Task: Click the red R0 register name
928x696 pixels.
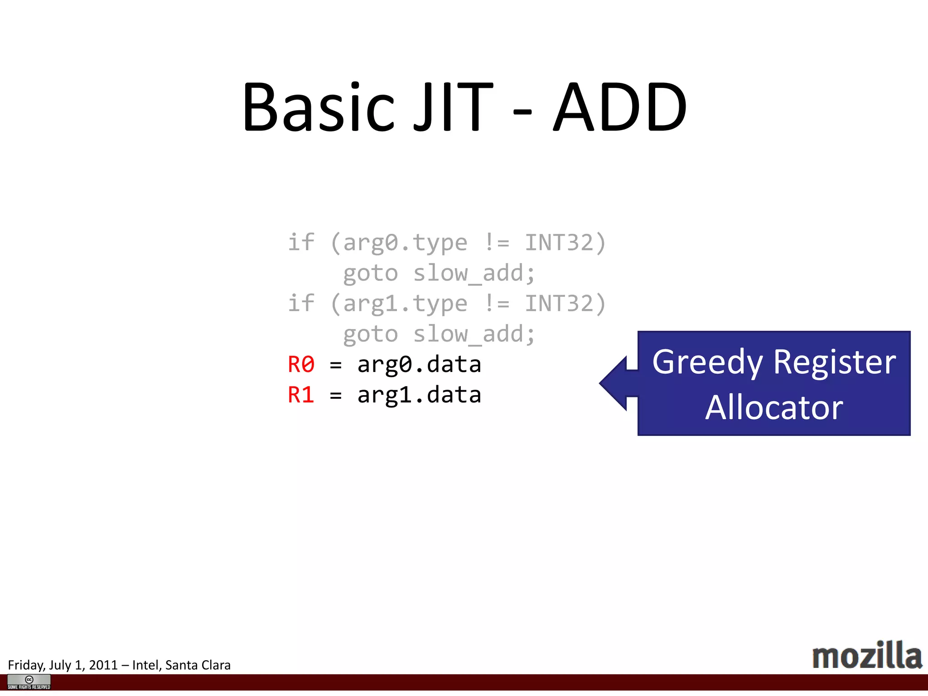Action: coord(301,364)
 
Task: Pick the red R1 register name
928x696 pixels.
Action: coord(301,395)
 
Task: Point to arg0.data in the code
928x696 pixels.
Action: coord(419,364)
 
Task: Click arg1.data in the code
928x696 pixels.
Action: coord(419,395)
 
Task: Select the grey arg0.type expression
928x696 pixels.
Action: coord(405,243)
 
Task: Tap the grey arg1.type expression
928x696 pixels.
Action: coord(405,304)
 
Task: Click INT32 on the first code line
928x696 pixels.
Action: coord(559,243)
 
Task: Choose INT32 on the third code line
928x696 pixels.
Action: coord(559,304)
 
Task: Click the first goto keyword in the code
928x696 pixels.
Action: coord(370,273)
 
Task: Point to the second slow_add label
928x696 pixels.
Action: coord(474,334)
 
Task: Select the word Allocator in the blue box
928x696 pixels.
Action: coord(774,407)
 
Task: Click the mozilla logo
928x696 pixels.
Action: coord(866,656)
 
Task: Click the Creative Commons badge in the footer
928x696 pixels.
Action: coord(29,681)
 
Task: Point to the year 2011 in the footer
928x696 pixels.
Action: coord(103,665)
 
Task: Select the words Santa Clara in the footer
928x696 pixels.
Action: coord(198,665)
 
